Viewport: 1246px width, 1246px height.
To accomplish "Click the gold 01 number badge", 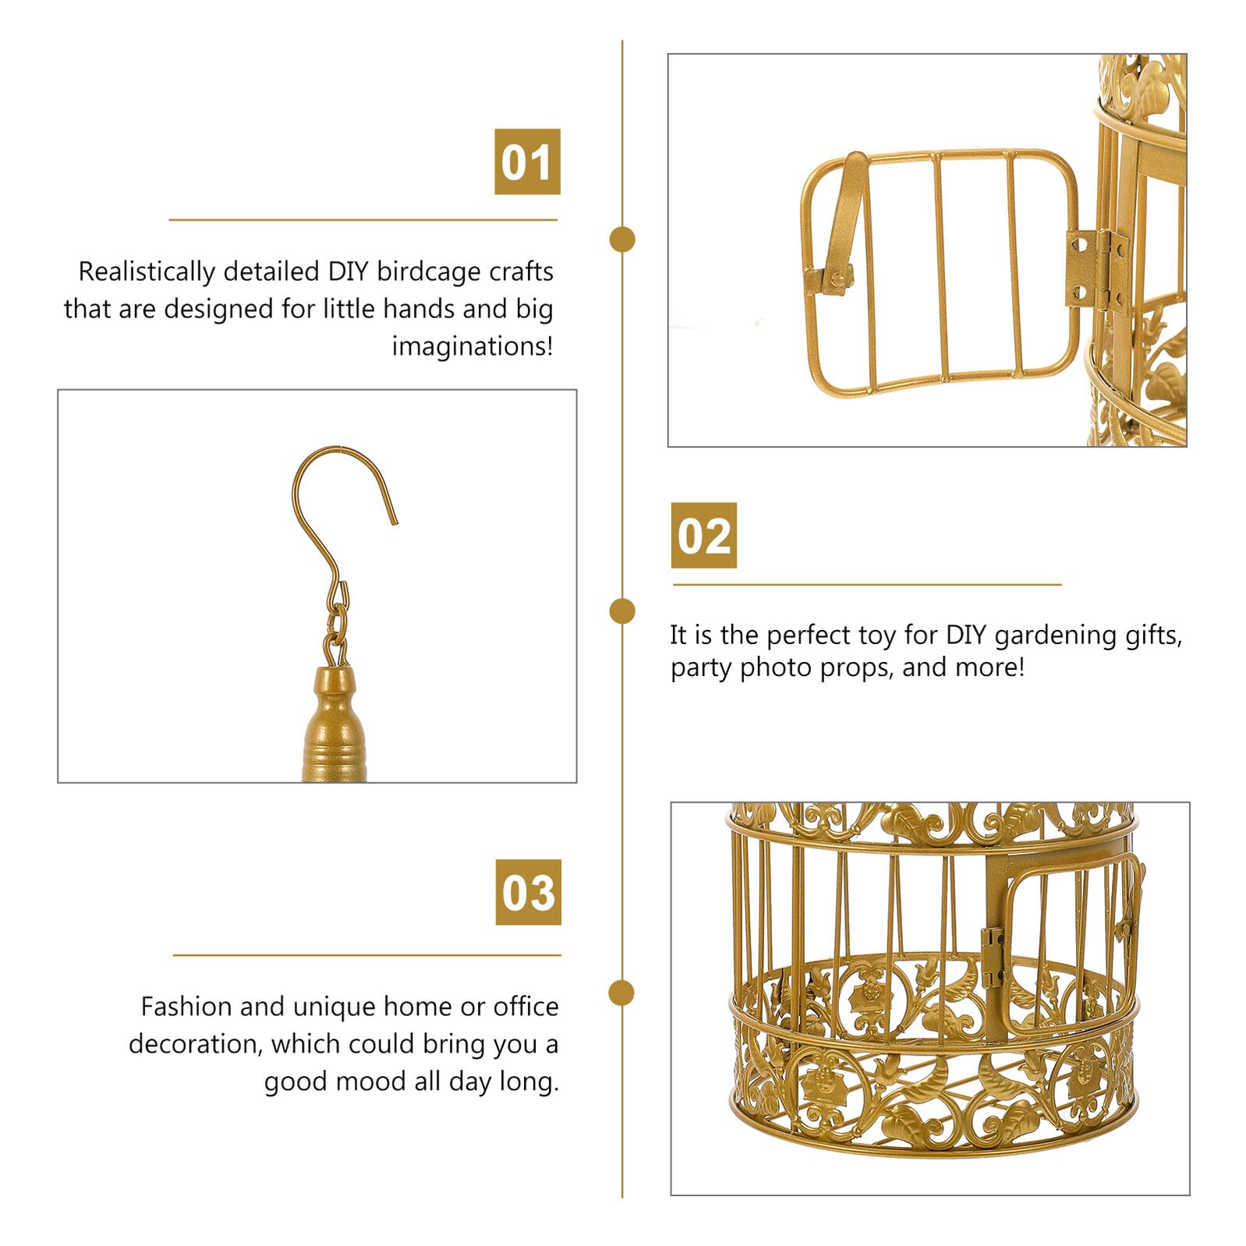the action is [x=527, y=161].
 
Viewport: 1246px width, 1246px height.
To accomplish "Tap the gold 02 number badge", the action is [x=703, y=535].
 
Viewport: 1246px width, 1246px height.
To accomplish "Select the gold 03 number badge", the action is [x=528, y=892].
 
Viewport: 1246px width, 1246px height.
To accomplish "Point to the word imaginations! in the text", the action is [x=473, y=345].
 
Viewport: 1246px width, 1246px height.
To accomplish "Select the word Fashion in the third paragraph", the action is [x=187, y=1007].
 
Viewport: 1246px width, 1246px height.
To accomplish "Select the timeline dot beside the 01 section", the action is [x=621, y=239].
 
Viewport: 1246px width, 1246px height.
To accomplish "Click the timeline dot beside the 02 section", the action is [x=621, y=611].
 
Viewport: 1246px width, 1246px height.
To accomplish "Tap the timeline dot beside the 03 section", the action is [x=621, y=993].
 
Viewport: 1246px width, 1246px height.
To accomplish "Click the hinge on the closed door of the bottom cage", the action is [x=992, y=958].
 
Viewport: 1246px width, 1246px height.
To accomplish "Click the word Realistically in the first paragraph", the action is [x=147, y=271].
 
